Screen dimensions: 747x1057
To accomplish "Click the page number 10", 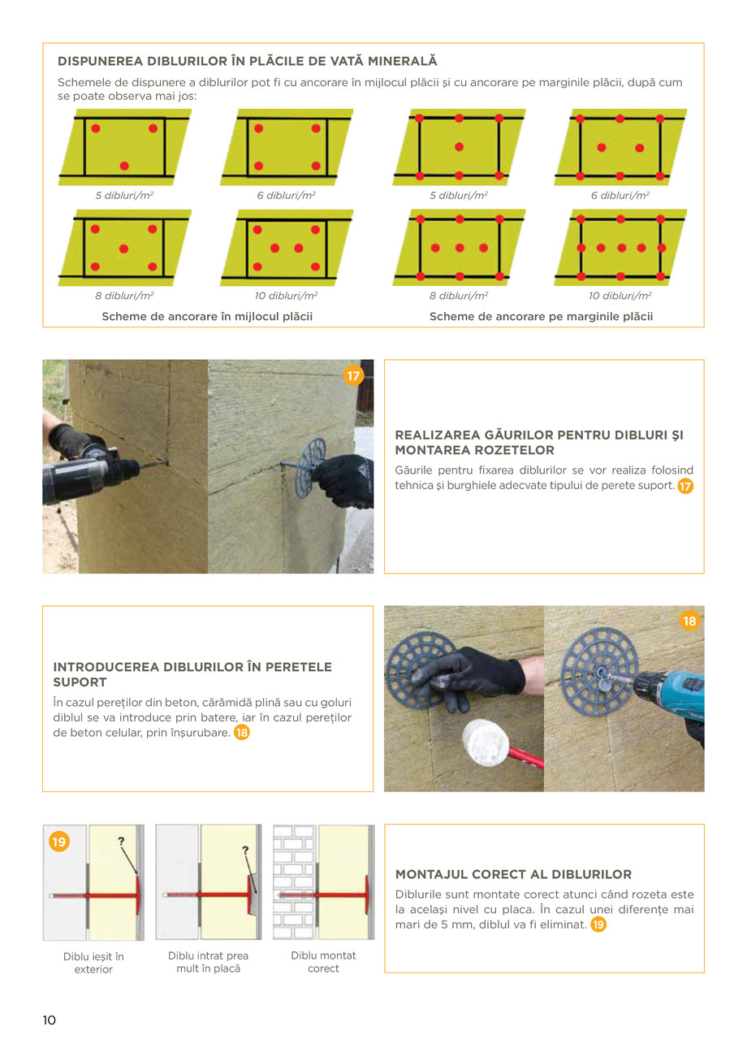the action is pyautogui.click(x=49, y=1020).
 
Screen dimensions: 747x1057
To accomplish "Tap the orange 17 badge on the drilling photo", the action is pyautogui.click(x=353, y=375).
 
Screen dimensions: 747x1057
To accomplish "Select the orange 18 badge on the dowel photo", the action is pyautogui.click(x=689, y=621).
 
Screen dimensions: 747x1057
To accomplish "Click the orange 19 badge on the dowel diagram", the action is pyautogui.click(x=59, y=842).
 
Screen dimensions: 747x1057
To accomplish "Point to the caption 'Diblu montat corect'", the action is pyautogui.click(x=323, y=962).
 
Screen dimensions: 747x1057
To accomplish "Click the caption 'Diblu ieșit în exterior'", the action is pyautogui.click(x=93, y=963).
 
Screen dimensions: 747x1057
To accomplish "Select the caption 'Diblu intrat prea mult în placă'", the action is pyautogui.click(x=208, y=962).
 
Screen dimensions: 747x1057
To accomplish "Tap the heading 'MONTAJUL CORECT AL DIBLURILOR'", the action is pyautogui.click(x=513, y=874).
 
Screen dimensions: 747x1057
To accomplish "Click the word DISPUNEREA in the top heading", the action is pyautogui.click(x=100, y=61).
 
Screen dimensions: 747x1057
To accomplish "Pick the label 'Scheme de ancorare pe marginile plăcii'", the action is pyautogui.click(x=541, y=316).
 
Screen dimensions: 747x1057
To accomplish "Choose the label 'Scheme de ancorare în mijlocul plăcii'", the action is pyautogui.click(x=207, y=316).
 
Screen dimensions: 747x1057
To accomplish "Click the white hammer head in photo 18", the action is pyautogui.click(x=486, y=743).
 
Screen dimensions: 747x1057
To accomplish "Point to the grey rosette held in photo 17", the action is pyautogui.click(x=309, y=467).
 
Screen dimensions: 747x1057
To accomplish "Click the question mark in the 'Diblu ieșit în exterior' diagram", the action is pyautogui.click(x=121, y=842).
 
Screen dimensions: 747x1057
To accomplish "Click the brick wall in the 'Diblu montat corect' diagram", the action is pyautogui.click(x=294, y=882).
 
